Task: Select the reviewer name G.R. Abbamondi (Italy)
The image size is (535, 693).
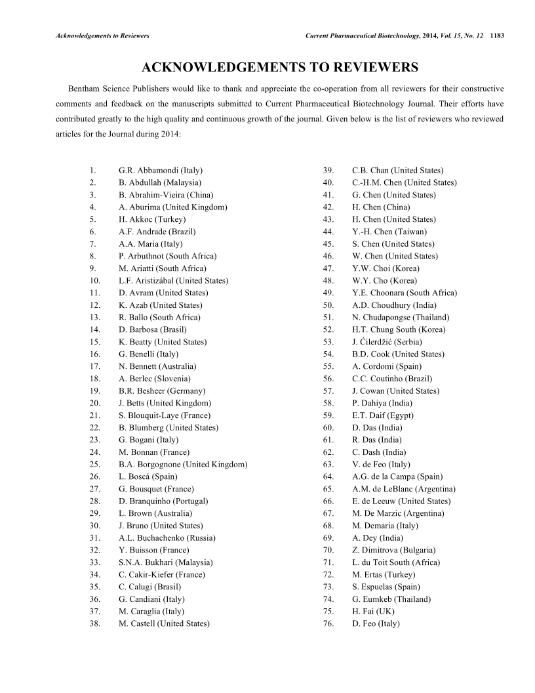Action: coord(160,171)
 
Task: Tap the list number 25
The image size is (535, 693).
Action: coord(94,464)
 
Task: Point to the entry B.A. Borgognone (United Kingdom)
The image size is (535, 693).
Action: coord(183,464)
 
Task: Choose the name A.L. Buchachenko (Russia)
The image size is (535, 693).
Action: coord(167,537)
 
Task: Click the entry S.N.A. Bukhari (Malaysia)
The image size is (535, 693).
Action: coord(165,562)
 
